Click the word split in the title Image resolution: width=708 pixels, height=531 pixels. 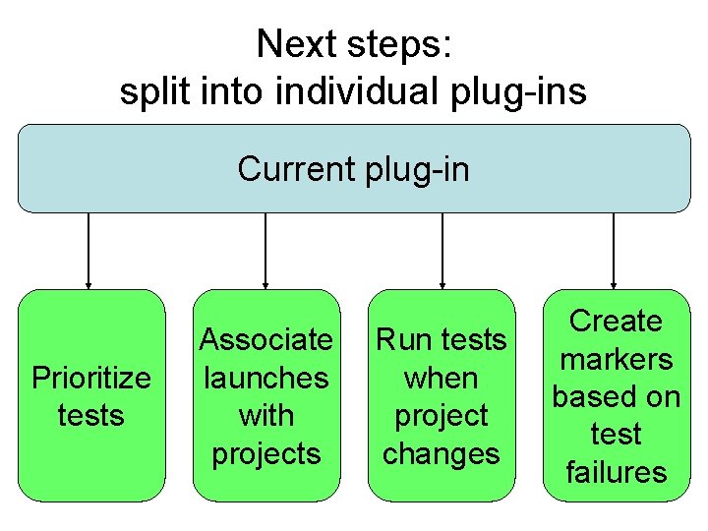[150, 91]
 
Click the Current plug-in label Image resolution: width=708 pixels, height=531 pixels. [353, 169]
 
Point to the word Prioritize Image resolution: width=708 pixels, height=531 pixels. [91, 378]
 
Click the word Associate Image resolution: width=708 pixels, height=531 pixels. [265, 340]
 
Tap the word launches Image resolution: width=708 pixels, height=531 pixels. [265, 378]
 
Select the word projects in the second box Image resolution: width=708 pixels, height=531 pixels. [265, 453]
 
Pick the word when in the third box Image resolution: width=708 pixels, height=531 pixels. [442, 378]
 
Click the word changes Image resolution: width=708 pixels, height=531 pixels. [442, 453]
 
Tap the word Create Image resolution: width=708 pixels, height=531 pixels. [617, 321]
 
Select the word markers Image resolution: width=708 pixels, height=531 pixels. [617, 359]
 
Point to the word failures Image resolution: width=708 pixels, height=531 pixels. [617, 472]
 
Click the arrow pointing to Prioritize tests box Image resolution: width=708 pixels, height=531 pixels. [89, 251]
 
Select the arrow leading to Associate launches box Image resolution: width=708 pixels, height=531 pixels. [265, 251]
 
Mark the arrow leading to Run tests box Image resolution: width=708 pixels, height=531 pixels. [442, 251]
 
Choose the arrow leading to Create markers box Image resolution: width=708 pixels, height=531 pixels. [614, 251]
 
